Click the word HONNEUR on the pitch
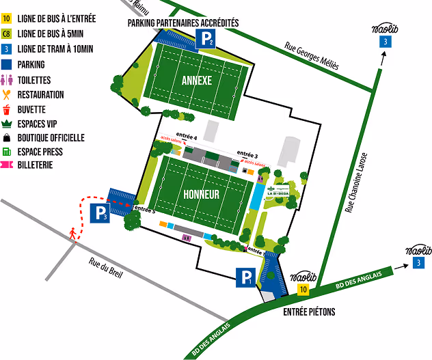click(201, 194)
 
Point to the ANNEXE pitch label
click(197, 80)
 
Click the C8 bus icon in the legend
click(7, 34)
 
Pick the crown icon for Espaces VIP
click(7, 123)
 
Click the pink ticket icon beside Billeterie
click(7, 165)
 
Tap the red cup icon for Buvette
click(7, 109)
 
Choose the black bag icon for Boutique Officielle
click(7, 137)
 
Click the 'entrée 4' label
click(187, 137)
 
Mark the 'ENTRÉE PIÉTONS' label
click(310, 311)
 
